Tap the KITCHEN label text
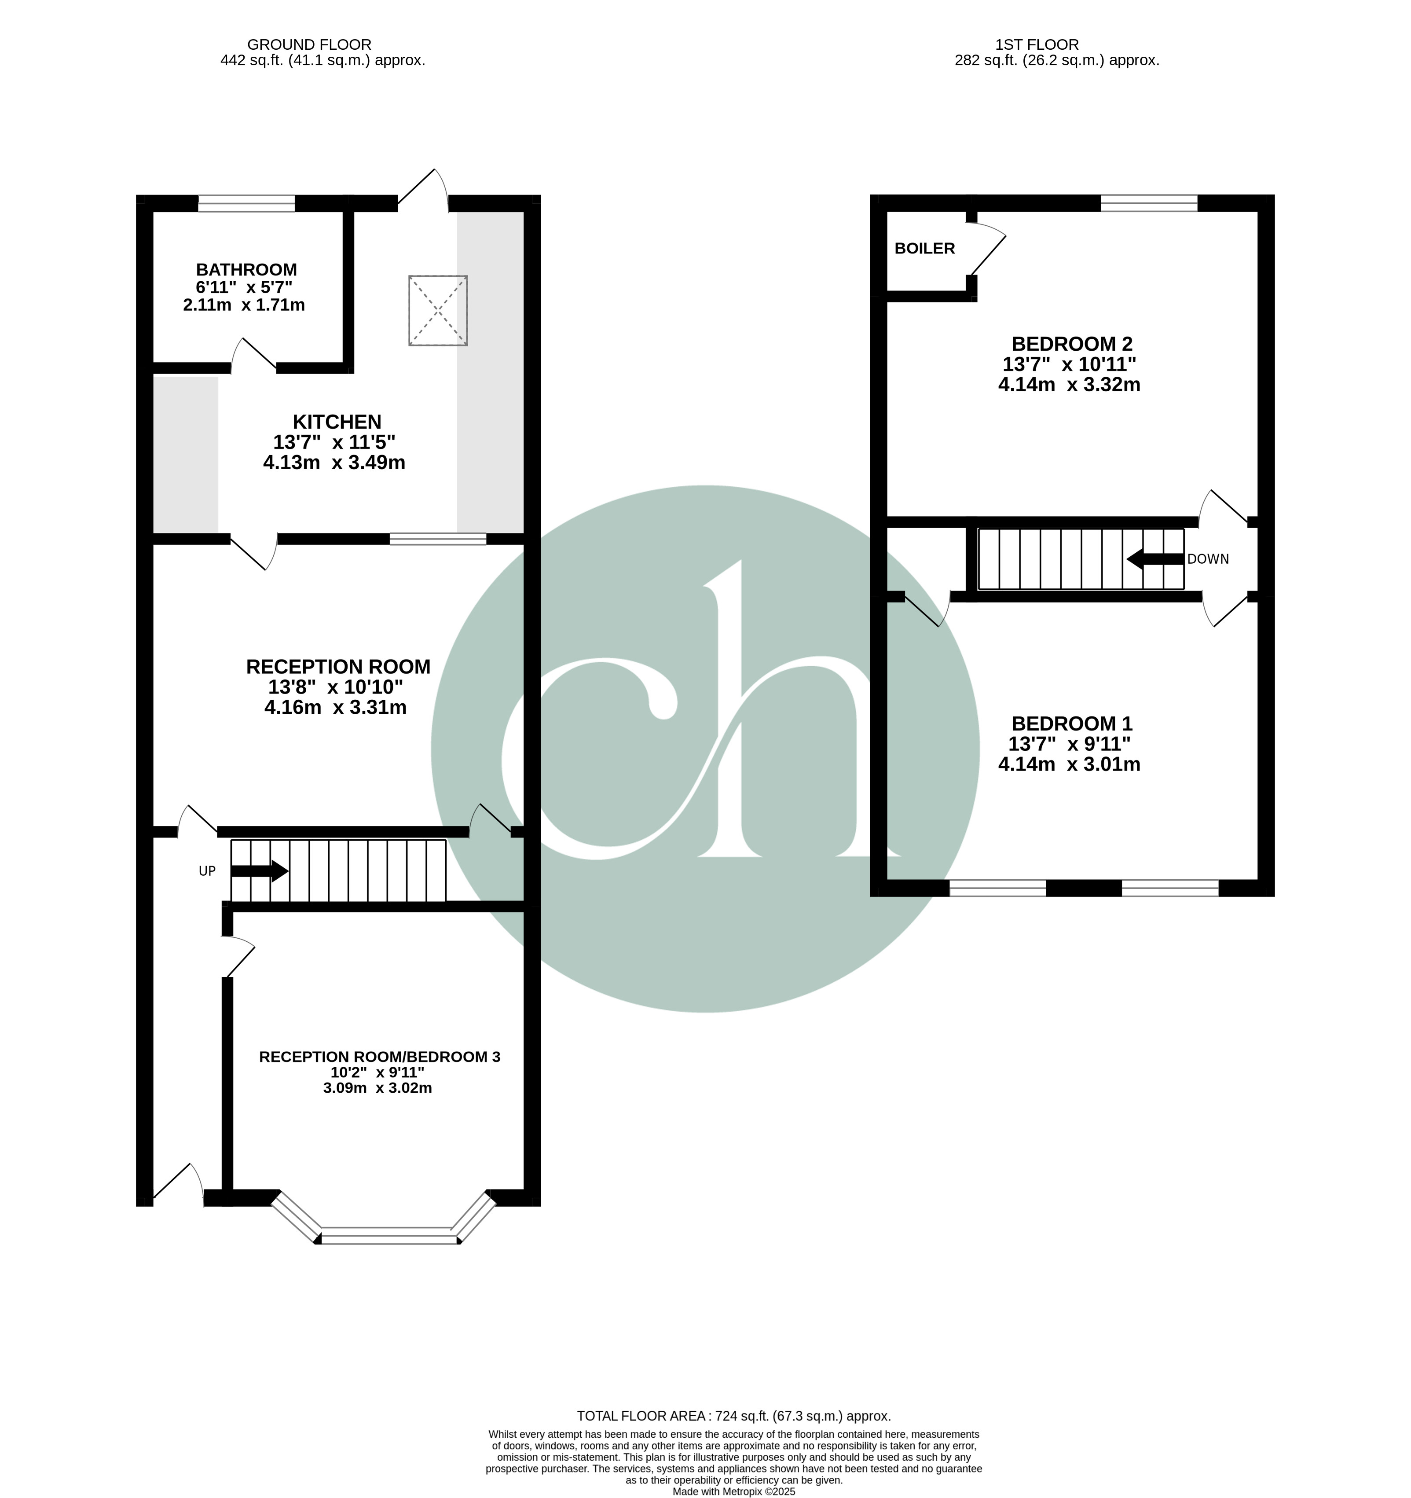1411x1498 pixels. (x=337, y=422)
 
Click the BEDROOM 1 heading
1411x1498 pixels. (x=1071, y=724)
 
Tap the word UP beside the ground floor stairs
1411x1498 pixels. (x=207, y=871)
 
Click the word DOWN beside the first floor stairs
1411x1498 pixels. (x=1208, y=559)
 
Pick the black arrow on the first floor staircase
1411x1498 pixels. (x=1155, y=559)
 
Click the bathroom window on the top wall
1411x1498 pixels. (x=246, y=203)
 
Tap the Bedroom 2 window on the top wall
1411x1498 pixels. (x=1149, y=203)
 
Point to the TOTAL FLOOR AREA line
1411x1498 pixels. (x=734, y=1416)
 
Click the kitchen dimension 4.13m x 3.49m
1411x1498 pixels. (x=334, y=463)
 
